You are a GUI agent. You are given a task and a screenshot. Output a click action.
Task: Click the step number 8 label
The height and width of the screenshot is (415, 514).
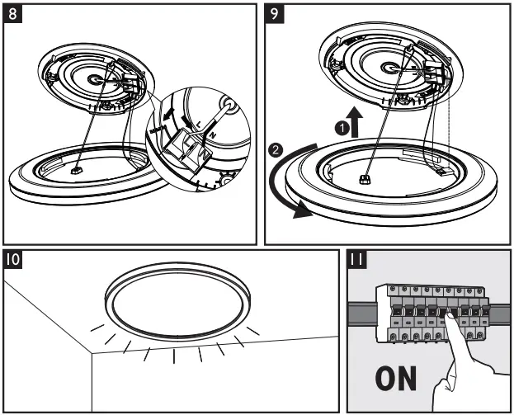(14, 14)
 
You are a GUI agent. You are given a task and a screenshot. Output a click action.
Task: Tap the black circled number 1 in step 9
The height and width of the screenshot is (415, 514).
(339, 127)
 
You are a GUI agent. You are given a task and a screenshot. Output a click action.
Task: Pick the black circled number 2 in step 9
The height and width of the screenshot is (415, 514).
(277, 151)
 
